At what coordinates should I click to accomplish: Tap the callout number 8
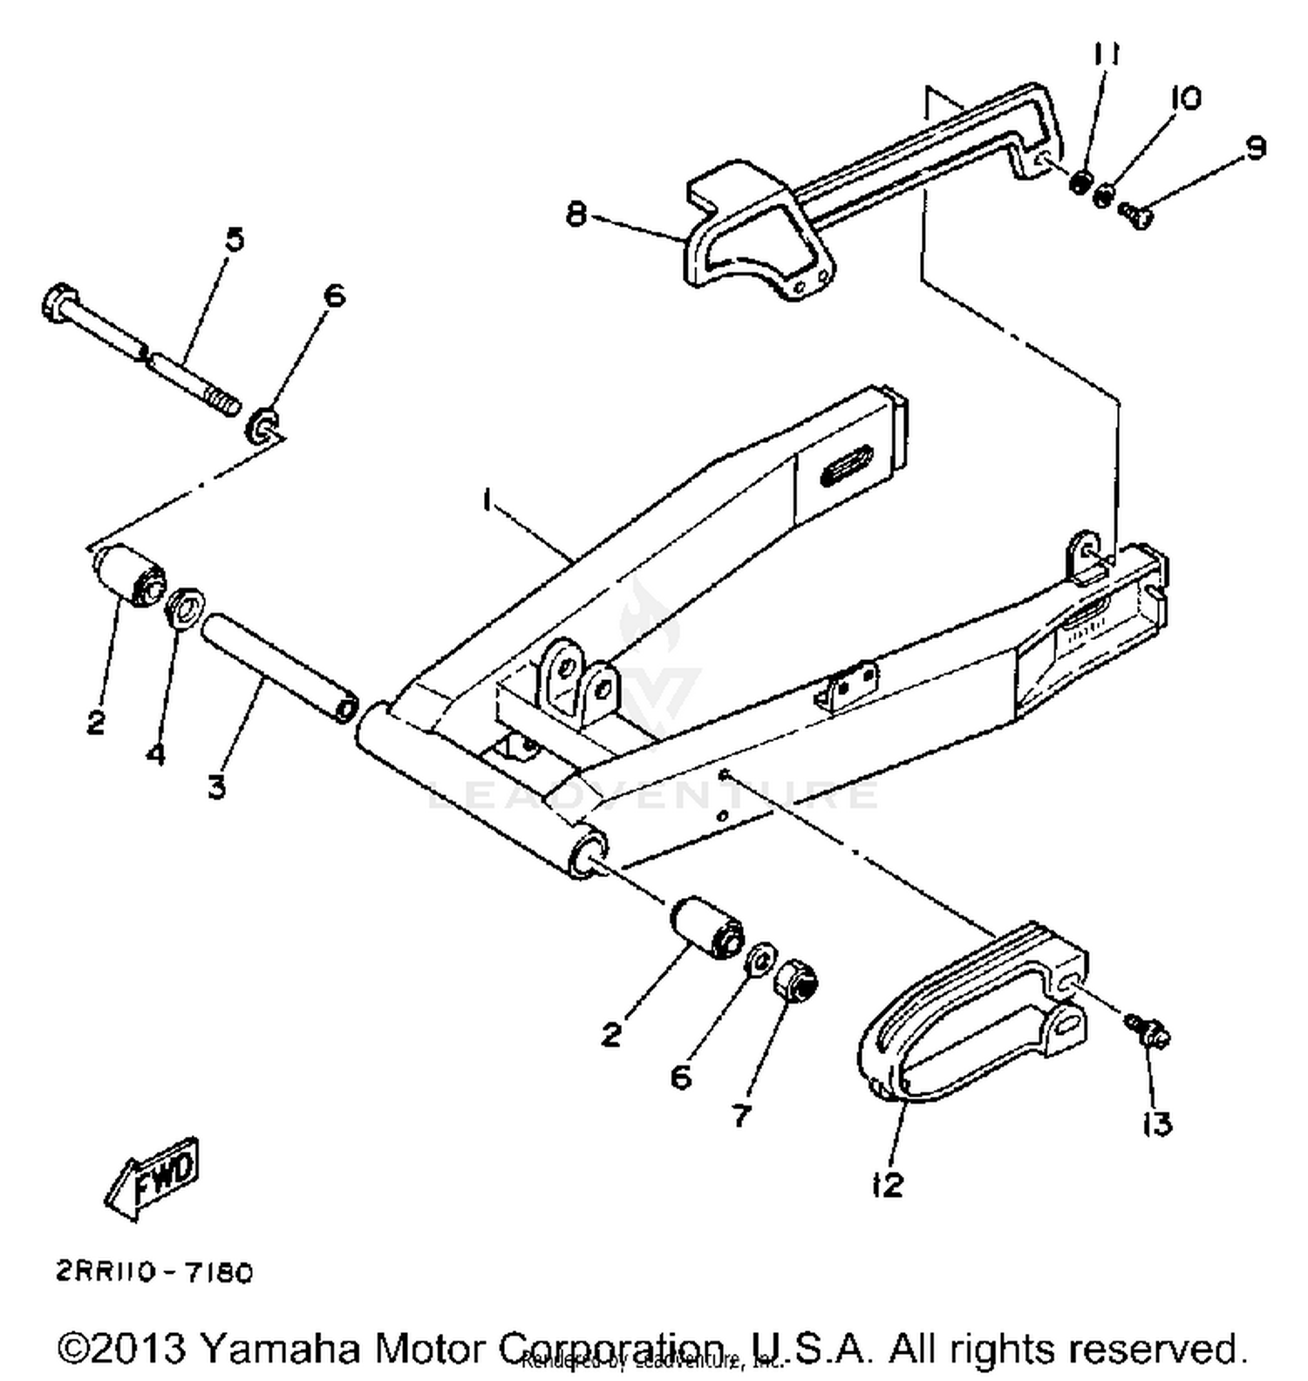coord(576,213)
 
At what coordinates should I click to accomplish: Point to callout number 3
coord(217,786)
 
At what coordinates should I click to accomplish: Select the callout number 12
coord(887,1184)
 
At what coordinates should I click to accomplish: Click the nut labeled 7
coord(796,980)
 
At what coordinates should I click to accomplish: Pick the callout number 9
coord(1254,148)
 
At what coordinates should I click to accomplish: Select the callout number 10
coord(1185,98)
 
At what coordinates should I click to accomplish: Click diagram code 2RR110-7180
coord(155,1273)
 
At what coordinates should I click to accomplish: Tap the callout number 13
coord(1156,1125)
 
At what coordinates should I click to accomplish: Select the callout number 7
coord(740,1114)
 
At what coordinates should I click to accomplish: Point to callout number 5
coord(235,239)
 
